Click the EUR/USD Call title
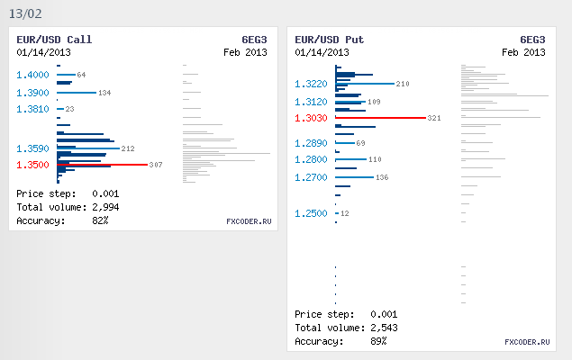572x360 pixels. (54, 40)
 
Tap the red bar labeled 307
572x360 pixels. (102, 165)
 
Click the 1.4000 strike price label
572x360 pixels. (32, 75)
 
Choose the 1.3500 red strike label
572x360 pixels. (32, 165)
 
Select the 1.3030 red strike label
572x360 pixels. (311, 118)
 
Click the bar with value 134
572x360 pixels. (76, 93)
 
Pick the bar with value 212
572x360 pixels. (87, 148)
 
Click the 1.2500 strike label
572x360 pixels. (311, 213)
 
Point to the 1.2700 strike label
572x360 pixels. (311, 177)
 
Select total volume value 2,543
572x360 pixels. (383, 328)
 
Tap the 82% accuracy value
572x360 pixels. (99, 220)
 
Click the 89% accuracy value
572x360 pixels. (377, 341)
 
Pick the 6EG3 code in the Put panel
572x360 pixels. (532, 40)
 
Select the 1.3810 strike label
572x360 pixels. (32, 109)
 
